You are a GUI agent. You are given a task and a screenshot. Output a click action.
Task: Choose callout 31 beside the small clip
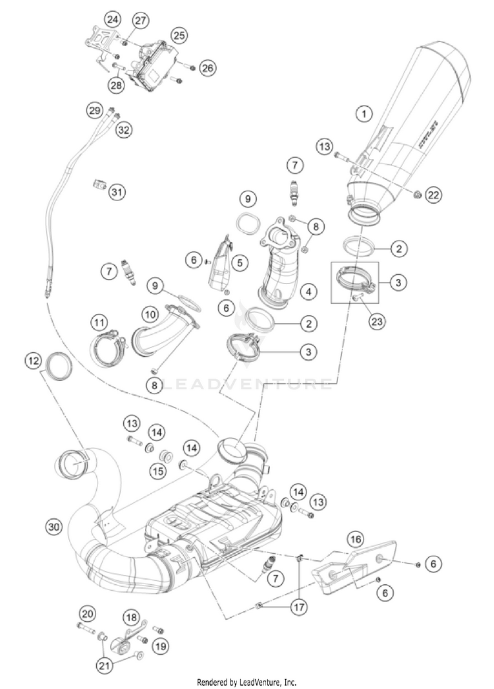point(117,193)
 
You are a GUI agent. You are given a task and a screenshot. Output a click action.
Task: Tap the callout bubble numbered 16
point(356,540)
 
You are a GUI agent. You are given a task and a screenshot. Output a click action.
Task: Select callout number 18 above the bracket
point(132,618)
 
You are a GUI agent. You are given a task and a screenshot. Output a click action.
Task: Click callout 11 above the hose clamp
point(99,322)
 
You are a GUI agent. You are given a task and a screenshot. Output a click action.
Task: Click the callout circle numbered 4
point(306,290)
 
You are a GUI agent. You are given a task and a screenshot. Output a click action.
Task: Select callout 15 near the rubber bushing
point(157,471)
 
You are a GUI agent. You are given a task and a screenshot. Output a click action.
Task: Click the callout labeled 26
point(207,67)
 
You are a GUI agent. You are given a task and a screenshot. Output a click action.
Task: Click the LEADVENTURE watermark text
point(247,384)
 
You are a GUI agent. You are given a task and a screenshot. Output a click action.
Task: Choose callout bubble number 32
point(124,130)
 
